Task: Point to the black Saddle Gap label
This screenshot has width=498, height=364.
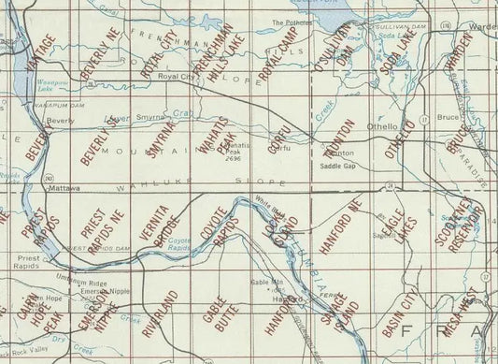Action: pos(337,167)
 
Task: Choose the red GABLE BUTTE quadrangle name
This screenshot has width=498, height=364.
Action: pos(222,309)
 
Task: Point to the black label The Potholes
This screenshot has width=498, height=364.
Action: pos(290,22)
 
